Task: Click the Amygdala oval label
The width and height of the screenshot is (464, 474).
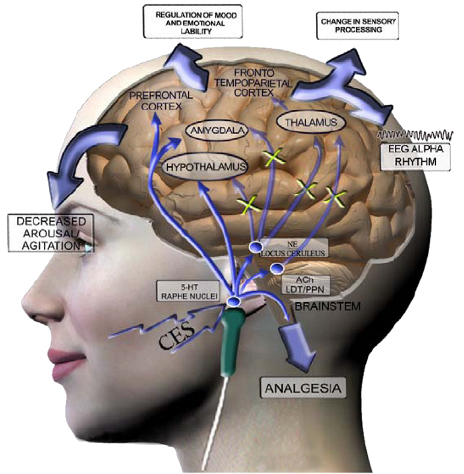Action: (217, 131)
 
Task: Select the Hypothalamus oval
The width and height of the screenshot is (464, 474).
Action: (205, 167)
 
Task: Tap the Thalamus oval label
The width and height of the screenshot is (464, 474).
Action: (311, 122)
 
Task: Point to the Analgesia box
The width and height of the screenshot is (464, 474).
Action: (303, 388)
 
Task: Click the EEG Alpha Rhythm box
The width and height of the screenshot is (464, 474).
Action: (415, 156)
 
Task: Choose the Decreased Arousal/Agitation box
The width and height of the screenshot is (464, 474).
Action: (50, 233)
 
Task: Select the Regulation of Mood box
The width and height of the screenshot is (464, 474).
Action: (193, 21)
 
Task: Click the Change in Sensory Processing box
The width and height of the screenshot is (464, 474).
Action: (358, 26)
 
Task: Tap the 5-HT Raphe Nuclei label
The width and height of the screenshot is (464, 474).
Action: (188, 291)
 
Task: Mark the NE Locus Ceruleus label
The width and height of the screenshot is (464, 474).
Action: (293, 248)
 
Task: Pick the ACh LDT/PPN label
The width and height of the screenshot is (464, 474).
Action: (305, 285)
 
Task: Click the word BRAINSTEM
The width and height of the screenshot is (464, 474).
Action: (328, 306)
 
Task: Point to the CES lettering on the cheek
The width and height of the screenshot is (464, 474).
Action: (177, 335)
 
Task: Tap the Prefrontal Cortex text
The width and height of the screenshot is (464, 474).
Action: (161, 100)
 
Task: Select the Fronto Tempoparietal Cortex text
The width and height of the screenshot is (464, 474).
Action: (254, 82)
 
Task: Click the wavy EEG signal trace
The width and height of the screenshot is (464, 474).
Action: (415, 135)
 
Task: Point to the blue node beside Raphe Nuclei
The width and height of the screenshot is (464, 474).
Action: (234, 301)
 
